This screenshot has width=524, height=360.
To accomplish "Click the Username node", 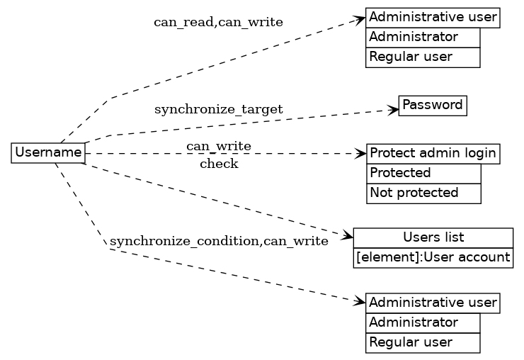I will (x=48, y=152).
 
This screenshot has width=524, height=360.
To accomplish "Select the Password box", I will (x=433, y=105).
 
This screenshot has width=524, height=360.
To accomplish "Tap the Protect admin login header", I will (x=433, y=153).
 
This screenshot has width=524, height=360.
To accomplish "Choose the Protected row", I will (x=423, y=173).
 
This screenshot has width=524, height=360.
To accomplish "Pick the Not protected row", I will (x=423, y=193).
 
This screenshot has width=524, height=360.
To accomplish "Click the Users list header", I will (x=433, y=237).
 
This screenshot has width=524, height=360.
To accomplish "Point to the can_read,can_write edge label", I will (x=218, y=22).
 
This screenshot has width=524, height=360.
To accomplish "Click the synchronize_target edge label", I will (x=218, y=109).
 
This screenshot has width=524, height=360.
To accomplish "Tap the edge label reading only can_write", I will (x=218, y=146).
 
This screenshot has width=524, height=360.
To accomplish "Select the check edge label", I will (x=219, y=164).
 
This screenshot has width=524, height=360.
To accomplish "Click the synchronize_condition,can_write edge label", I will (x=219, y=241).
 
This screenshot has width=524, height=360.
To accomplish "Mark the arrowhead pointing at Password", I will (x=394, y=110).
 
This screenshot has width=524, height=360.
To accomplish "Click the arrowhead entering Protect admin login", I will (x=362, y=153).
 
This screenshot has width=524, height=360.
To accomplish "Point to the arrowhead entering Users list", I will (x=348, y=235).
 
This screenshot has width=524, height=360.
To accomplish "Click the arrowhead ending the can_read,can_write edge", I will (x=361, y=20).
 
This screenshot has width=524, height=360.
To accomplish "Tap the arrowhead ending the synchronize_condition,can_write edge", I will (x=361, y=301).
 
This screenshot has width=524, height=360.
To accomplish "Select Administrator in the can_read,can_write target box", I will (x=423, y=37).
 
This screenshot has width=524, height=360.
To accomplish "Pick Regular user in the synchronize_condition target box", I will (x=423, y=343).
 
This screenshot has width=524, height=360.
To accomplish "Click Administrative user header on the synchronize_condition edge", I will (x=433, y=303).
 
